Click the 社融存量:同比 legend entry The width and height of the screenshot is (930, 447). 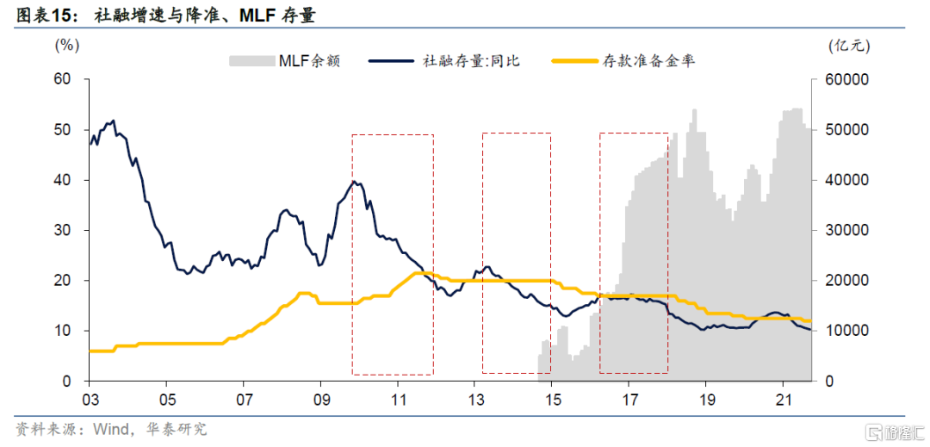[444, 61]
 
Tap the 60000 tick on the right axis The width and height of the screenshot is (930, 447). [847, 79]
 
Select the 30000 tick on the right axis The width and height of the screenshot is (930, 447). [847, 230]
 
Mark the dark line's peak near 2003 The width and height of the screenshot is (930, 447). [114, 121]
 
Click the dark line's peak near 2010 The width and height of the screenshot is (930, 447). [354, 181]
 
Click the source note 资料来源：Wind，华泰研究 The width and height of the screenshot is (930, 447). [111, 428]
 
